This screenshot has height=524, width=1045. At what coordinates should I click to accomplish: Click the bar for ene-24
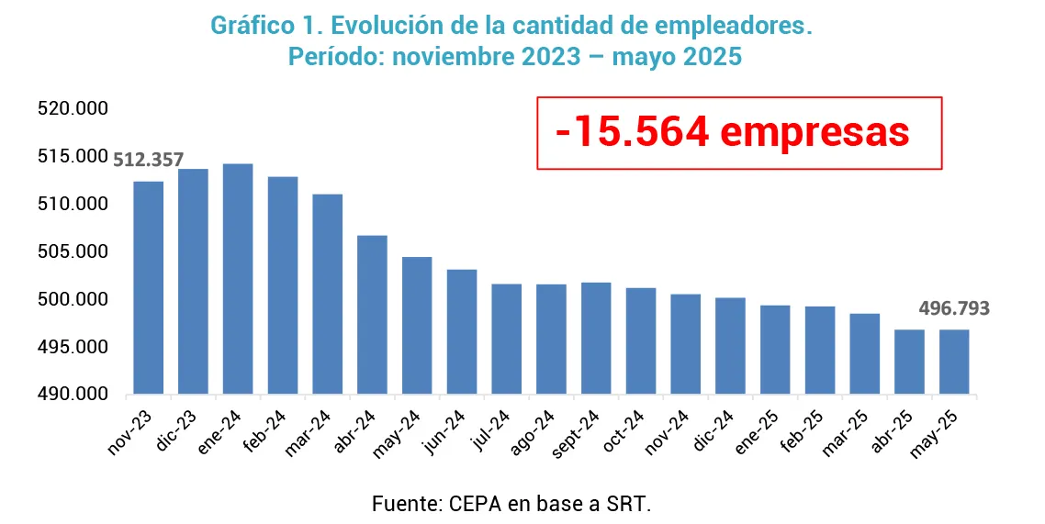(238, 279)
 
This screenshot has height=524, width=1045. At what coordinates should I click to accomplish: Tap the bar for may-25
(953, 362)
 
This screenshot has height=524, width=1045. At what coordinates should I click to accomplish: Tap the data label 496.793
(955, 309)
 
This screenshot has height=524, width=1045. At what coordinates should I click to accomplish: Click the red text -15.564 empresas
(732, 133)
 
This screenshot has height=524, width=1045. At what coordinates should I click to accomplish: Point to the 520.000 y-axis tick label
(73, 109)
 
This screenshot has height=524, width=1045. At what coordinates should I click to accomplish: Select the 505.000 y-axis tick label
(73, 252)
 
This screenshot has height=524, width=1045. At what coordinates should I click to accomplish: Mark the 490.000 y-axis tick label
(73, 395)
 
